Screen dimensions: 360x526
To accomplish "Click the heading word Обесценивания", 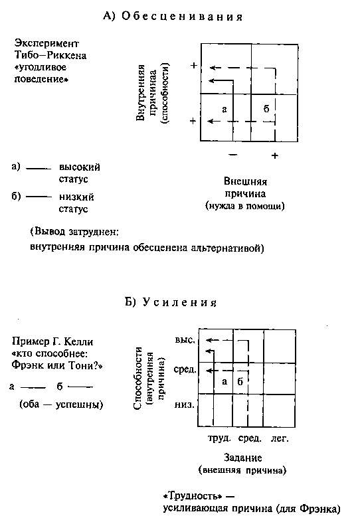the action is pyautogui.click(x=182, y=17).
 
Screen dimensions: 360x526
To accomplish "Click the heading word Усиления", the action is pyautogui.click(x=180, y=303).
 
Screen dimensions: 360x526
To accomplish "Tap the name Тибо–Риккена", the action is pyautogui.click(x=50, y=55).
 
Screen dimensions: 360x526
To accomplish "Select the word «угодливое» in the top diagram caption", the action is pyautogui.click(x=41, y=68).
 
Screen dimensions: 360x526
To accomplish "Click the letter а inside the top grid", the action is pyautogui.click(x=225, y=110).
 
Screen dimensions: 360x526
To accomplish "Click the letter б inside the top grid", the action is pyautogui.click(x=266, y=108).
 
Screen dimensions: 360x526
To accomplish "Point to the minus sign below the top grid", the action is pyautogui.click(x=232, y=155).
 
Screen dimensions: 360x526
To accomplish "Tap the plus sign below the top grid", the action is pyautogui.click(x=275, y=155).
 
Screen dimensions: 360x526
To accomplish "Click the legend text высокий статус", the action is pyautogui.click(x=80, y=173).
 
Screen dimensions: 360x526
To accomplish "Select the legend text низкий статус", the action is pyautogui.click(x=76, y=203).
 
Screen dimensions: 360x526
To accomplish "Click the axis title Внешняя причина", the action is pyautogui.click(x=245, y=187).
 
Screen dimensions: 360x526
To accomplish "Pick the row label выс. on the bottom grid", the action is pyautogui.click(x=185, y=340).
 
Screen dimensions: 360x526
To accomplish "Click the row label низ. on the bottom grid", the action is pyautogui.click(x=184, y=404).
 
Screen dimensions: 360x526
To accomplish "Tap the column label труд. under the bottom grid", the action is pyautogui.click(x=219, y=438).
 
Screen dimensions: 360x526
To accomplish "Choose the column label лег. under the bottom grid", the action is pyautogui.click(x=280, y=438).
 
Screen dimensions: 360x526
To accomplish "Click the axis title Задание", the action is pyautogui.click(x=243, y=458).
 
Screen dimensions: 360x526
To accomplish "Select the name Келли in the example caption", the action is pyautogui.click(x=78, y=341).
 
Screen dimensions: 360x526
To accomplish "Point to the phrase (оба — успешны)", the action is pyautogui.click(x=61, y=404).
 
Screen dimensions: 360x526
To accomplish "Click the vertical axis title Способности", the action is pyautogui.click(x=138, y=378).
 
